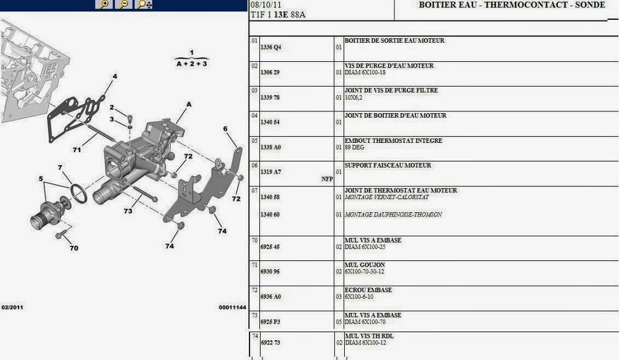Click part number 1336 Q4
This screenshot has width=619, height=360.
271,48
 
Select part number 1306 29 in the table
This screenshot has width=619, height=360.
271,72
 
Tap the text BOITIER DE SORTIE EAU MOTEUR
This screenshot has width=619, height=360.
394,41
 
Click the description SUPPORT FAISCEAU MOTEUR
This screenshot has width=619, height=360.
387,165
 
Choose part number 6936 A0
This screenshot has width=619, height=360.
271,297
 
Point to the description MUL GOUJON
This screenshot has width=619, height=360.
365,265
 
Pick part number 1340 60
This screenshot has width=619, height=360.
271,215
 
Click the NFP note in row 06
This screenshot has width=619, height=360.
327,179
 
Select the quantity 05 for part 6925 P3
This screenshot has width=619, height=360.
339,322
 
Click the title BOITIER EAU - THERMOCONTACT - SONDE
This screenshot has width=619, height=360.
503,5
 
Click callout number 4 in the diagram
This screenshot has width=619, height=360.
114,77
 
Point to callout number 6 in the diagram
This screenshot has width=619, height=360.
225,129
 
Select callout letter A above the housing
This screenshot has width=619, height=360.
189,105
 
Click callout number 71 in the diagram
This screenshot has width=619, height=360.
77,150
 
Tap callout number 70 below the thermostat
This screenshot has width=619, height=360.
74,249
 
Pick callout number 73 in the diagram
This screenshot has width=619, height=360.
128,212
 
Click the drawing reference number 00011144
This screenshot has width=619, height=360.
232,307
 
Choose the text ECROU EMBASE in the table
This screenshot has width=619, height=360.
368,289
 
